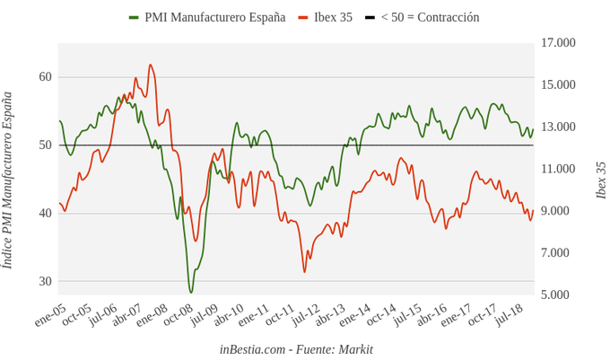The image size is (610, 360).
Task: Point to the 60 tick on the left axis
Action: coord(45,77)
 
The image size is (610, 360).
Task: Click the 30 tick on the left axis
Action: coord(45,282)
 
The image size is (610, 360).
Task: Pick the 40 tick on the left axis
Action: coord(45,214)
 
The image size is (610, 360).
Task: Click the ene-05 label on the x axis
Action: coord(50,315)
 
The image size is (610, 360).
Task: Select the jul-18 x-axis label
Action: coord(509,315)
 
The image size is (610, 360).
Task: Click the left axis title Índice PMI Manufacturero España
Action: coord(8,180)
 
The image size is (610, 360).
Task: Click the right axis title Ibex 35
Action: coord(601,180)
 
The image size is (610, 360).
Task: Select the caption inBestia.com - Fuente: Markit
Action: coord(296,349)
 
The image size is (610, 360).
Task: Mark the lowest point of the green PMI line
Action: coord(190,292)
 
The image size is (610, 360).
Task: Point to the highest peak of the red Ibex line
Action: coord(150,65)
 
